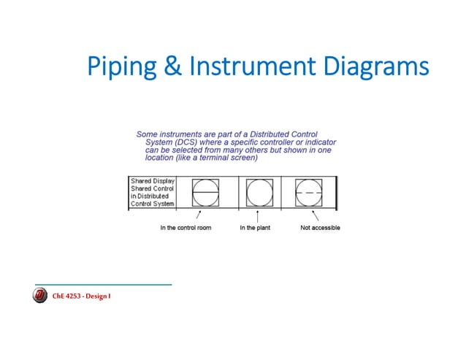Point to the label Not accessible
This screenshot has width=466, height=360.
[320, 228]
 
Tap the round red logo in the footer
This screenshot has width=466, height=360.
[41, 296]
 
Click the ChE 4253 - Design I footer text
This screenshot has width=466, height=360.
[81, 296]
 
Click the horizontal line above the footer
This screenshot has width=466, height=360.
[103, 283]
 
